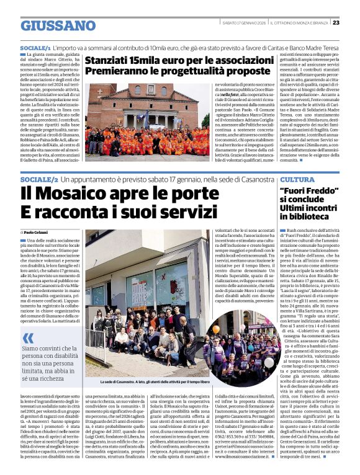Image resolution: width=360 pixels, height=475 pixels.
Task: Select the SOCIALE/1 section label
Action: pyautogui.click(x=35, y=47)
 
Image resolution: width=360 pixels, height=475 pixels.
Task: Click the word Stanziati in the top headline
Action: pyautogui.click(x=110, y=61)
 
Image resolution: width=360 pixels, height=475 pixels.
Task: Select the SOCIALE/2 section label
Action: pyautogui.click(x=39, y=179)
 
